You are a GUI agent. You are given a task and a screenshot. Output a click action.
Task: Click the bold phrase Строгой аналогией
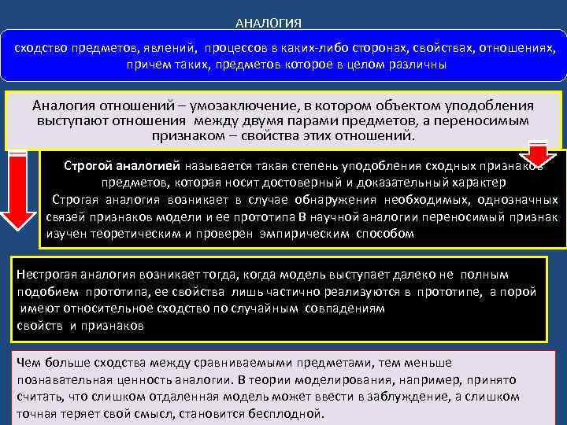(123, 167)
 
